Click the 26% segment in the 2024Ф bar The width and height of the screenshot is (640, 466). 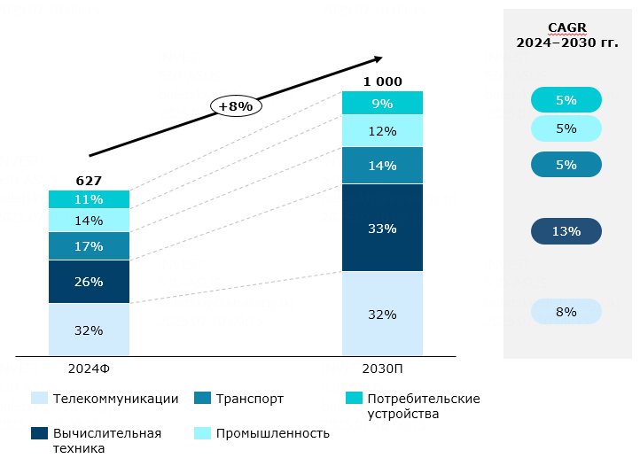(x=89, y=282)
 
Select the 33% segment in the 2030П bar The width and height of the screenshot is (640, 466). (x=382, y=228)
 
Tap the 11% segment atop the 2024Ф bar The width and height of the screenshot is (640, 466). (x=89, y=199)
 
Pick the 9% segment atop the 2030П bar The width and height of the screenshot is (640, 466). (x=382, y=103)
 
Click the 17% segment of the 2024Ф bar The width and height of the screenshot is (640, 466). (x=89, y=246)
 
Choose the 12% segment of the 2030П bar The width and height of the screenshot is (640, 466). (x=382, y=131)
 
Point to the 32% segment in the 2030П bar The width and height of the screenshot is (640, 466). (x=382, y=314)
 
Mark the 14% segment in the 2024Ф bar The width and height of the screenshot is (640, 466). (x=89, y=221)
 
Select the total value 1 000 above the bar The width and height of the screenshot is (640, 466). (x=382, y=82)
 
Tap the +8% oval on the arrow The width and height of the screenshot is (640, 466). (x=236, y=105)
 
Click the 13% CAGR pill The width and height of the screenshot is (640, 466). (x=566, y=232)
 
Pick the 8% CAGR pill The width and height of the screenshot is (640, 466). (x=566, y=312)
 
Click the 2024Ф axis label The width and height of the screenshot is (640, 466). (x=89, y=368)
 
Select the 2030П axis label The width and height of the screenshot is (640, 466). (x=382, y=368)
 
